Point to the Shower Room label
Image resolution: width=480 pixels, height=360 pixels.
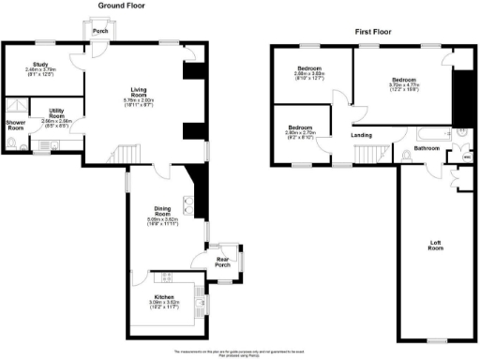[x=15, y=126]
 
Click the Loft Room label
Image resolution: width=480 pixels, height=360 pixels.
[x=436, y=246]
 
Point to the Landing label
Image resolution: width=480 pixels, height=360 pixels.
[x=361, y=135]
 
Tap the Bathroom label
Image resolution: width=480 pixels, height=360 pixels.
[x=427, y=148]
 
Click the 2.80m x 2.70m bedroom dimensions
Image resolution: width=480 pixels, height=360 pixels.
[x=301, y=132]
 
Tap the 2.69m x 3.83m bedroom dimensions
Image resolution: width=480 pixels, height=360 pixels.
[x=310, y=75]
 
